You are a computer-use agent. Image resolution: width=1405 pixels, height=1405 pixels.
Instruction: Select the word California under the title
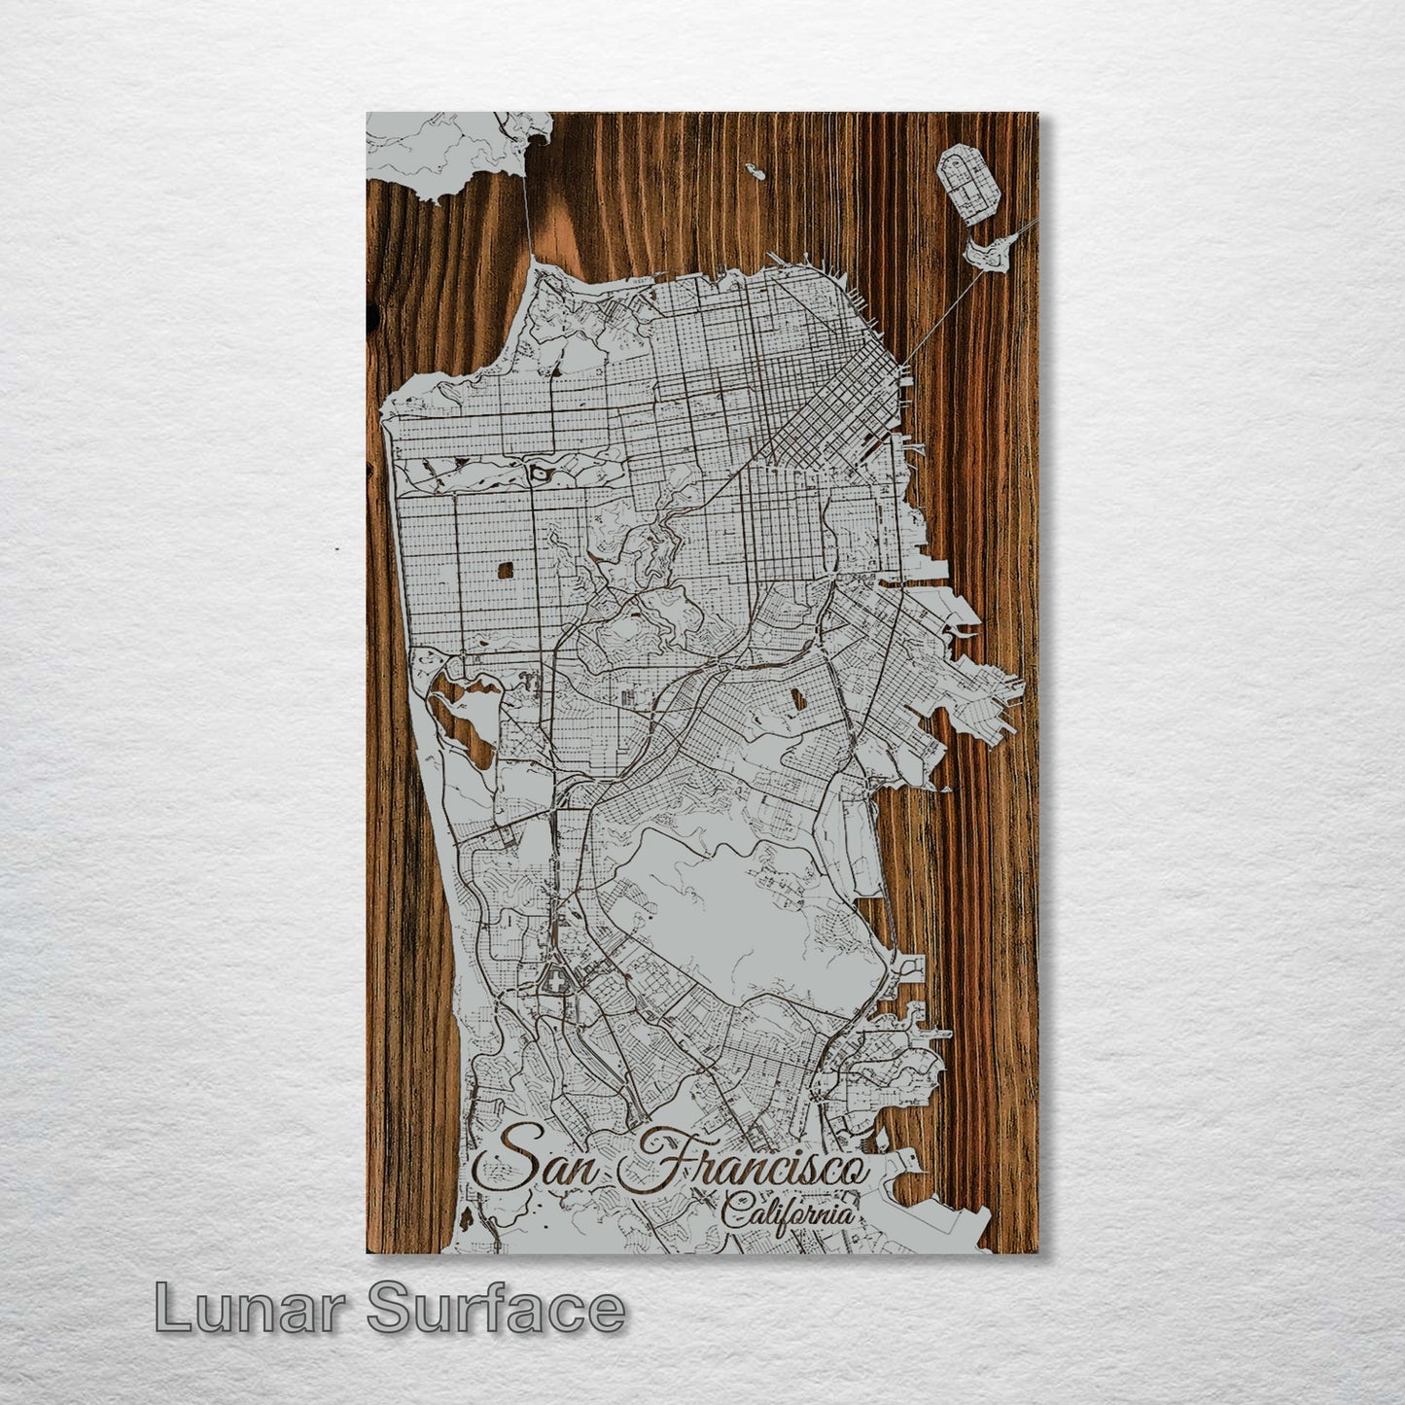pos(789,1214)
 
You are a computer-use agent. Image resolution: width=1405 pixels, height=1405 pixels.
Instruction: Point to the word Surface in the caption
pos(496,1309)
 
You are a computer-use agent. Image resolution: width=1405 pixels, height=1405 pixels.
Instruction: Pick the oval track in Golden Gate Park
pos(538,474)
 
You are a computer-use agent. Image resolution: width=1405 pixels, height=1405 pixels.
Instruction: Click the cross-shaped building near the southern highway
pos(556,984)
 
